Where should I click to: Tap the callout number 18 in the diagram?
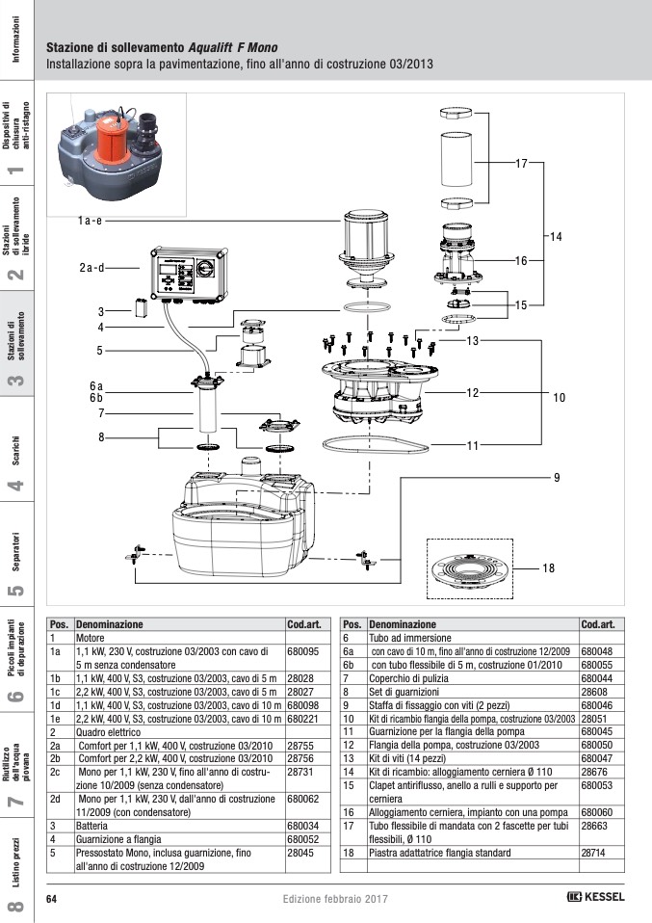548,568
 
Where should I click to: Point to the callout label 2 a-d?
91,267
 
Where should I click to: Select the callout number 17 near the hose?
521,164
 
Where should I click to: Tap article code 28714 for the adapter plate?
593,853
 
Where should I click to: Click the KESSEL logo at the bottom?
596,897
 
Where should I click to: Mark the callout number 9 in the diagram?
556,478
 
